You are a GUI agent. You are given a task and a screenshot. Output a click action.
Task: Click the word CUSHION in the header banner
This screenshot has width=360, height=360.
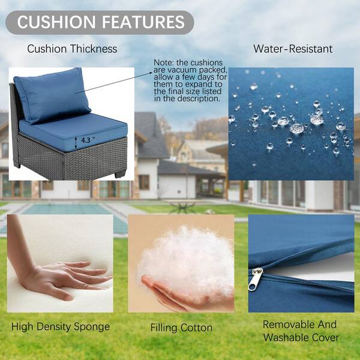click(56, 22)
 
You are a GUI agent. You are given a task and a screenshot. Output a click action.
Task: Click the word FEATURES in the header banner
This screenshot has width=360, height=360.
click(143, 22)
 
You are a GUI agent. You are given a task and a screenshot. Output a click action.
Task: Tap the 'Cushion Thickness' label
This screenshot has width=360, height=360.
click(72, 49)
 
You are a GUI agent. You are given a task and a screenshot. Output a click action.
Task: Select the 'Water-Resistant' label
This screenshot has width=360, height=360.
click(293, 49)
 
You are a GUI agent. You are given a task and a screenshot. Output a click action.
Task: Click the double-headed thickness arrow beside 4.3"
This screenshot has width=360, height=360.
click(76, 142)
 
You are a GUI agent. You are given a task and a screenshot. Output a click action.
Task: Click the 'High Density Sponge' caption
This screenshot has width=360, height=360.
click(61, 327)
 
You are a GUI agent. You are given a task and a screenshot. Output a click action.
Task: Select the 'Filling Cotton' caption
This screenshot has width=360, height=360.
click(181, 328)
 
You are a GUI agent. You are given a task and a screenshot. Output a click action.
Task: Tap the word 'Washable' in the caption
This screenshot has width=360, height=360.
click(287, 337)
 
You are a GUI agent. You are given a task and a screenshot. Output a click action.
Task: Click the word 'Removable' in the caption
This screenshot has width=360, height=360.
click(287, 325)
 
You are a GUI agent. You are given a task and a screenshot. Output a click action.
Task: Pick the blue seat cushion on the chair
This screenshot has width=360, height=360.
click(73, 132)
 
